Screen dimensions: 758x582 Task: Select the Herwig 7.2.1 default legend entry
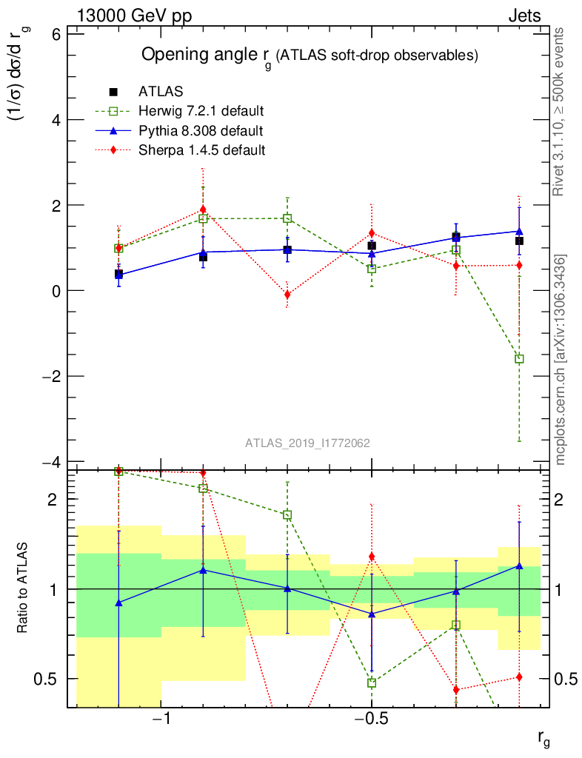pyautogui.click(x=201, y=111)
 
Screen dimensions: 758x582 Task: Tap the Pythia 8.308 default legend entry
pyautogui.click(x=200, y=131)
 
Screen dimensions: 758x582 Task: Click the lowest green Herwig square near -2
pyautogui.click(x=520, y=359)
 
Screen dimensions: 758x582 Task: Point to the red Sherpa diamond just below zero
pyautogui.click(x=287, y=295)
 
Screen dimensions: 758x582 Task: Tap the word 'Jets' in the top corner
pyautogui.click(x=524, y=16)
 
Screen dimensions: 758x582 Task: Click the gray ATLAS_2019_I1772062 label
pyautogui.click(x=307, y=443)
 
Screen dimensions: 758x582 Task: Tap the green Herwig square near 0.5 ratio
pyautogui.click(x=372, y=682)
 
